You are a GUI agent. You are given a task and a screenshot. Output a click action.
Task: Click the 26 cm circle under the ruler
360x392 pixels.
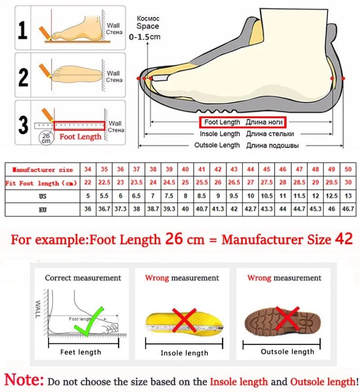(x=46, y=138)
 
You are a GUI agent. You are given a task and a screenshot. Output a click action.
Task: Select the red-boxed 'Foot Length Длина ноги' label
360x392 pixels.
(x=243, y=122)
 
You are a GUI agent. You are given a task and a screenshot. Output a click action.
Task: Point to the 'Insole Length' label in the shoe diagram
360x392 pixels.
(x=220, y=134)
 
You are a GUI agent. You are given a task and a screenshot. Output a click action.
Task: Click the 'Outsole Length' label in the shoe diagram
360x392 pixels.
(x=217, y=145)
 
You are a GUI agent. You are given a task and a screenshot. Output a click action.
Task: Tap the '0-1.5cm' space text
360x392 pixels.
(x=144, y=37)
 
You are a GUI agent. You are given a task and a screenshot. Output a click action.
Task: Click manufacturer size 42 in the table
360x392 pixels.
(x=218, y=169)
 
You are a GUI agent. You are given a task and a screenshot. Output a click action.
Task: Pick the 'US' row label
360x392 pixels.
(x=43, y=196)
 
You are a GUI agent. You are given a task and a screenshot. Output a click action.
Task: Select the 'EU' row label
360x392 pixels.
(x=43, y=209)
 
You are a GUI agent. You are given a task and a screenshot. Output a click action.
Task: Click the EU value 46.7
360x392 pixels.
(x=348, y=209)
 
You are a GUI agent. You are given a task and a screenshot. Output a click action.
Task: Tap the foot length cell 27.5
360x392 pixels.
(x=267, y=183)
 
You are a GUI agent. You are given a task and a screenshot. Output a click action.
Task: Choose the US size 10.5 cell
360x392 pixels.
(x=267, y=196)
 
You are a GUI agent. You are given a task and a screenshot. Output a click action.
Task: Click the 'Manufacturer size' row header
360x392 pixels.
(x=43, y=169)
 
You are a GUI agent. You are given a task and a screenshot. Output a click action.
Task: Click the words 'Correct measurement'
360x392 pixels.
(x=83, y=278)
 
